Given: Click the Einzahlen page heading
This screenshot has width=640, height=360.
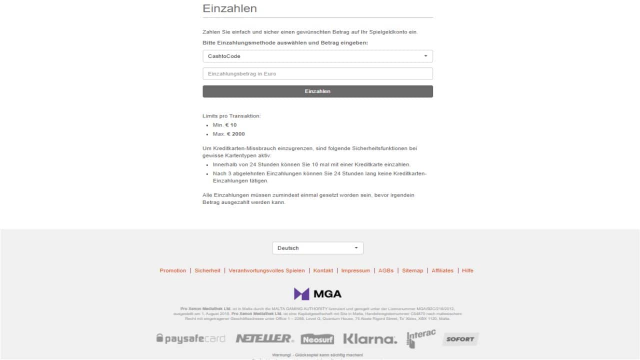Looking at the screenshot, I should click(x=229, y=8).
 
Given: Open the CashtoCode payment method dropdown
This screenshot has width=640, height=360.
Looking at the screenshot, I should click(x=317, y=56).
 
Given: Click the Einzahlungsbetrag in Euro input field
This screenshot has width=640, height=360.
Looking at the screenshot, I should click(x=317, y=73).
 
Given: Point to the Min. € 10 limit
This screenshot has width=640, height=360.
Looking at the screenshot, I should click(x=224, y=125).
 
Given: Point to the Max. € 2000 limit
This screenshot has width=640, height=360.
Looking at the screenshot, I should click(x=228, y=134).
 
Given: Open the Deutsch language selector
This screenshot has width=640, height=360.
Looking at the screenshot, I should click(x=317, y=248).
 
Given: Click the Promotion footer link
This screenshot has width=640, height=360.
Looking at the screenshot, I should click(x=172, y=270).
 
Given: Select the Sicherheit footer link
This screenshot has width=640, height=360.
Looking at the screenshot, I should click(x=207, y=270).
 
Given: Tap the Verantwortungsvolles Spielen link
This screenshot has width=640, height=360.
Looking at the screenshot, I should click(x=266, y=270).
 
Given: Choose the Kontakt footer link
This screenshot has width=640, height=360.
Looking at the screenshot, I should click(x=323, y=270).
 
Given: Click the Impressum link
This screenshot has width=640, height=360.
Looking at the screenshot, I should click(x=355, y=270).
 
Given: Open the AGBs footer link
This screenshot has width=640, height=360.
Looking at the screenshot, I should click(x=386, y=270).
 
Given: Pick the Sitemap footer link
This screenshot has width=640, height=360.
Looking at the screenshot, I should click(x=412, y=270).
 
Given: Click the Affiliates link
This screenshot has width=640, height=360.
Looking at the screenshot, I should click(x=442, y=270).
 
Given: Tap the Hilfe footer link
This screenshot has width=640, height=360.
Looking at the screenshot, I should click(x=467, y=270).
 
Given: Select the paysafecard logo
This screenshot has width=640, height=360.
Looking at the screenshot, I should click(x=191, y=338).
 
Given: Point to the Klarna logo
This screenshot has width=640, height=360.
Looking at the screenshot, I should click(x=370, y=339).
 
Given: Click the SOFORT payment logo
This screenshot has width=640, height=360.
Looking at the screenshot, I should click(x=460, y=339).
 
